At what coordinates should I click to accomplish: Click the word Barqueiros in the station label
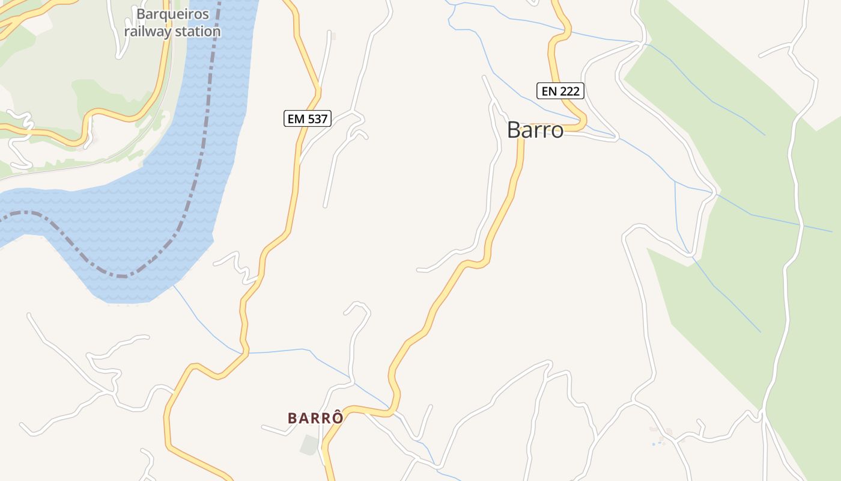click(172, 14)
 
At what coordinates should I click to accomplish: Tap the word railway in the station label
click(147, 31)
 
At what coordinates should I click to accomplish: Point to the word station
click(197, 31)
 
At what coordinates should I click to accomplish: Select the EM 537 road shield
click(308, 118)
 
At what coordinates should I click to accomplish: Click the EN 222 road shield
click(560, 91)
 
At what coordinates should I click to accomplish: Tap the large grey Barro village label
click(535, 130)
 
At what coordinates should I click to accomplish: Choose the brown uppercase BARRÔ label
click(315, 418)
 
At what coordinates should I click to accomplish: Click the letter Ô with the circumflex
click(338, 417)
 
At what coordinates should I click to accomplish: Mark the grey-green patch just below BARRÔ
click(309, 445)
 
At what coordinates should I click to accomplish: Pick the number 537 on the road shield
click(317, 118)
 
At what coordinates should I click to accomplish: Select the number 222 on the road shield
click(569, 91)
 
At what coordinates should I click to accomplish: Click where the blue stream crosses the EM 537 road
click(244, 352)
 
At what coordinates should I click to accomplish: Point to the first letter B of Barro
click(514, 130)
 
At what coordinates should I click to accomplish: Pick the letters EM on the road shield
click(296, 118)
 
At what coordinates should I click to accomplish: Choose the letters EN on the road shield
click(549, 91)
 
